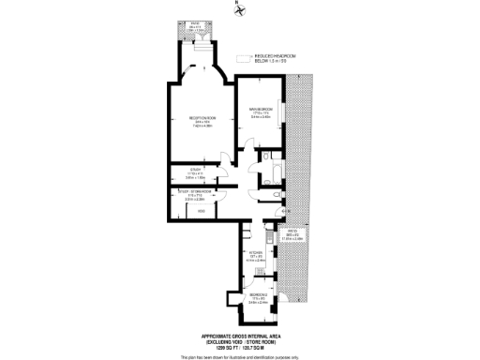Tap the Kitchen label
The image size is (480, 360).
tap(253, 252)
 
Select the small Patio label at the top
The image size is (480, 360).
tap(195, 22)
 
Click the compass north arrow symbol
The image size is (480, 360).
tap(239, 10)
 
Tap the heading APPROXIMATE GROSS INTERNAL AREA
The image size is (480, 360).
tap(239, 336)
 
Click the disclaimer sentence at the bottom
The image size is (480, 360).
tap(239, 356)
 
